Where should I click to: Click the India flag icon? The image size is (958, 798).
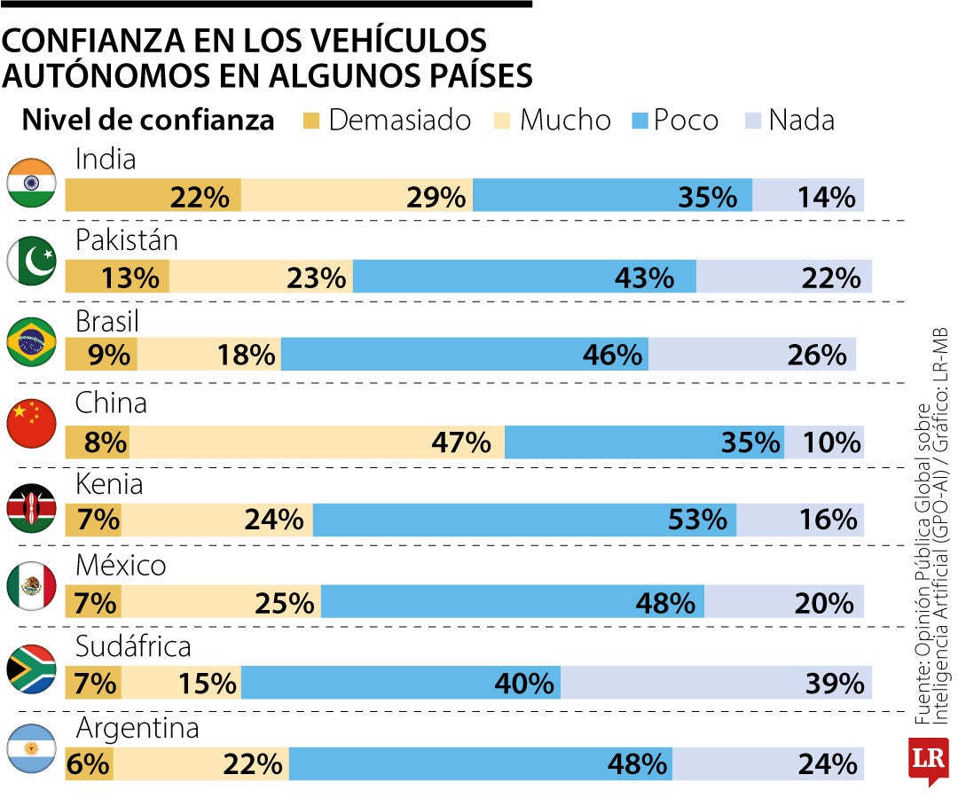(x=32, y=183)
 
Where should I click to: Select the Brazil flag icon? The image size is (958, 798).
(x=32, y=342)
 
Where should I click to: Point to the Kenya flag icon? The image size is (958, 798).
(x=32, y=507)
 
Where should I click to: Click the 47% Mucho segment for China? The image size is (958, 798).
(x=317, y=442)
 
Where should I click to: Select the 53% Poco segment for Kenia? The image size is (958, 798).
(x=524, y=519)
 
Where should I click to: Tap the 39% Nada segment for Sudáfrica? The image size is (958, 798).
(x=716, y=683)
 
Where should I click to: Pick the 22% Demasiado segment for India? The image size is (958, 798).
(x=153, y=195)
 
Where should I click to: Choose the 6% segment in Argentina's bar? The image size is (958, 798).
(x=89, y=763)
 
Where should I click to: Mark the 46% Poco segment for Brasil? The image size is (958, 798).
(x=465, y=355)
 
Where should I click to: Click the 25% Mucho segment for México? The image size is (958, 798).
(x=221, y=603)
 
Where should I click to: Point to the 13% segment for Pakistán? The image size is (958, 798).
(x=117, y=277)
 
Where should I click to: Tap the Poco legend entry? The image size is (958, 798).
(x=674, y=120)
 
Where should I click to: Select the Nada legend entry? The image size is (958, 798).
(x=789, y=120)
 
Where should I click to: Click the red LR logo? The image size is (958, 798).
(x=928, y=761)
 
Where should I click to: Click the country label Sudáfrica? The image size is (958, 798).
(x=133, y=646)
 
